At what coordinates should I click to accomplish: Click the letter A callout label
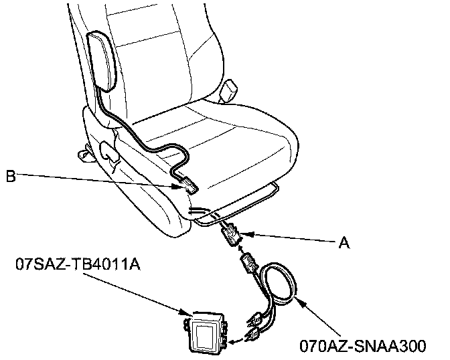point(344,244)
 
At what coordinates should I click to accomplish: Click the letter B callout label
point(10,177)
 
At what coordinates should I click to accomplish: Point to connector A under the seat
point(230,236)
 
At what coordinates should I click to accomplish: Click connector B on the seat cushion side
point(188,184)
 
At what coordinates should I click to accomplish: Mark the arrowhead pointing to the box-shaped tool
point(187,312)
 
